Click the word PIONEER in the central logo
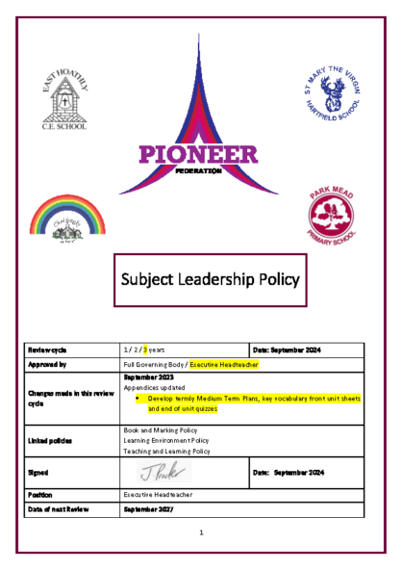(198, 154)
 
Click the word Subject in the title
(153, 279)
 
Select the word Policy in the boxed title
(279, 279)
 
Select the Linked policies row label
(51, 440)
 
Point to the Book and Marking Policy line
(163, 429)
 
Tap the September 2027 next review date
(153, 508)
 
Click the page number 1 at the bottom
(201, 531)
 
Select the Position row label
(43, 493)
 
